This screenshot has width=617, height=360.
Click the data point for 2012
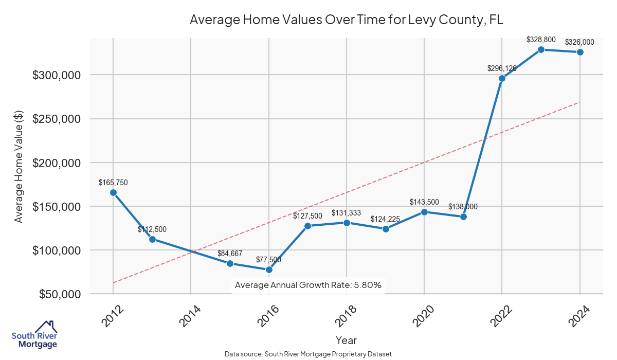pyautogui.click(x=113, y=192)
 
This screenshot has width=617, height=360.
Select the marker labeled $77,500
pyautogui.click(x=269, y=269)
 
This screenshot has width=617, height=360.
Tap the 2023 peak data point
pyautogui.click(x=541, y=49)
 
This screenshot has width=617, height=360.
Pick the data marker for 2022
pyautogui.click(x=502, y=78)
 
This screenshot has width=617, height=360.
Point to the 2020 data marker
pyautogui.click(x=424, y=212)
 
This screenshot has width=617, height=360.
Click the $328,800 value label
pyautogui.click(x=541, y=39)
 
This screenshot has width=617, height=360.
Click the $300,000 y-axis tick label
pyautogui.click(x=57, y=75)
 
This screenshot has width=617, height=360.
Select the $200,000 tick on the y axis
pyautogui.click(x=57, y=163)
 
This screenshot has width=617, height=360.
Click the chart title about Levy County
pyautogui.click(x=346, y=20)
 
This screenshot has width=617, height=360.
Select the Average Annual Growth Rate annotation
pyautogui.click(x=308, y=285)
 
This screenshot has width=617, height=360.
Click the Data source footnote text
pyautogui.click(x=308, y=354)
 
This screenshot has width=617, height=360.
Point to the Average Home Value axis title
pyautogui.click(x=19, y=167)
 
